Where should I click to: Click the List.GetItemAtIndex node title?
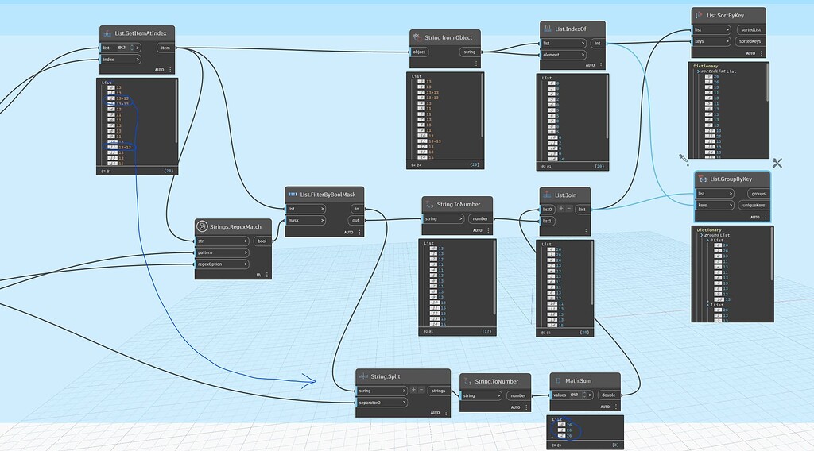[x=145, y=33]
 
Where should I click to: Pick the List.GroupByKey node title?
[x=731, y=179]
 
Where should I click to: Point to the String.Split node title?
[x=389, y=376]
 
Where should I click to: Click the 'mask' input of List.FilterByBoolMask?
[x=306, y=221]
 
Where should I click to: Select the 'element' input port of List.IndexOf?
[x=562, y=55]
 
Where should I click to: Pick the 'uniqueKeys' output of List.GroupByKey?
[x=751, y=205]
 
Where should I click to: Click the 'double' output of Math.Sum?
[x=607, y=395]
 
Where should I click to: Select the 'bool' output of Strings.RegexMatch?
[x=262, y=241]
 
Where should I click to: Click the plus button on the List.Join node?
[x=561, y=209]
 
